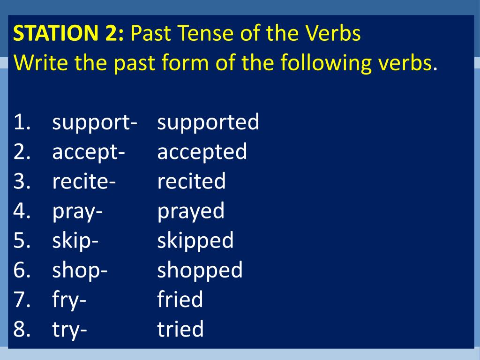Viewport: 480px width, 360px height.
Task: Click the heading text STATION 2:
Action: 69,34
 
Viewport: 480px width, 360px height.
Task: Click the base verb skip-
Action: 75,241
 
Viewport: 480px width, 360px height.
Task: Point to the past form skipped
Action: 195,241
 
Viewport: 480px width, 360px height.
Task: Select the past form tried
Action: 180,330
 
